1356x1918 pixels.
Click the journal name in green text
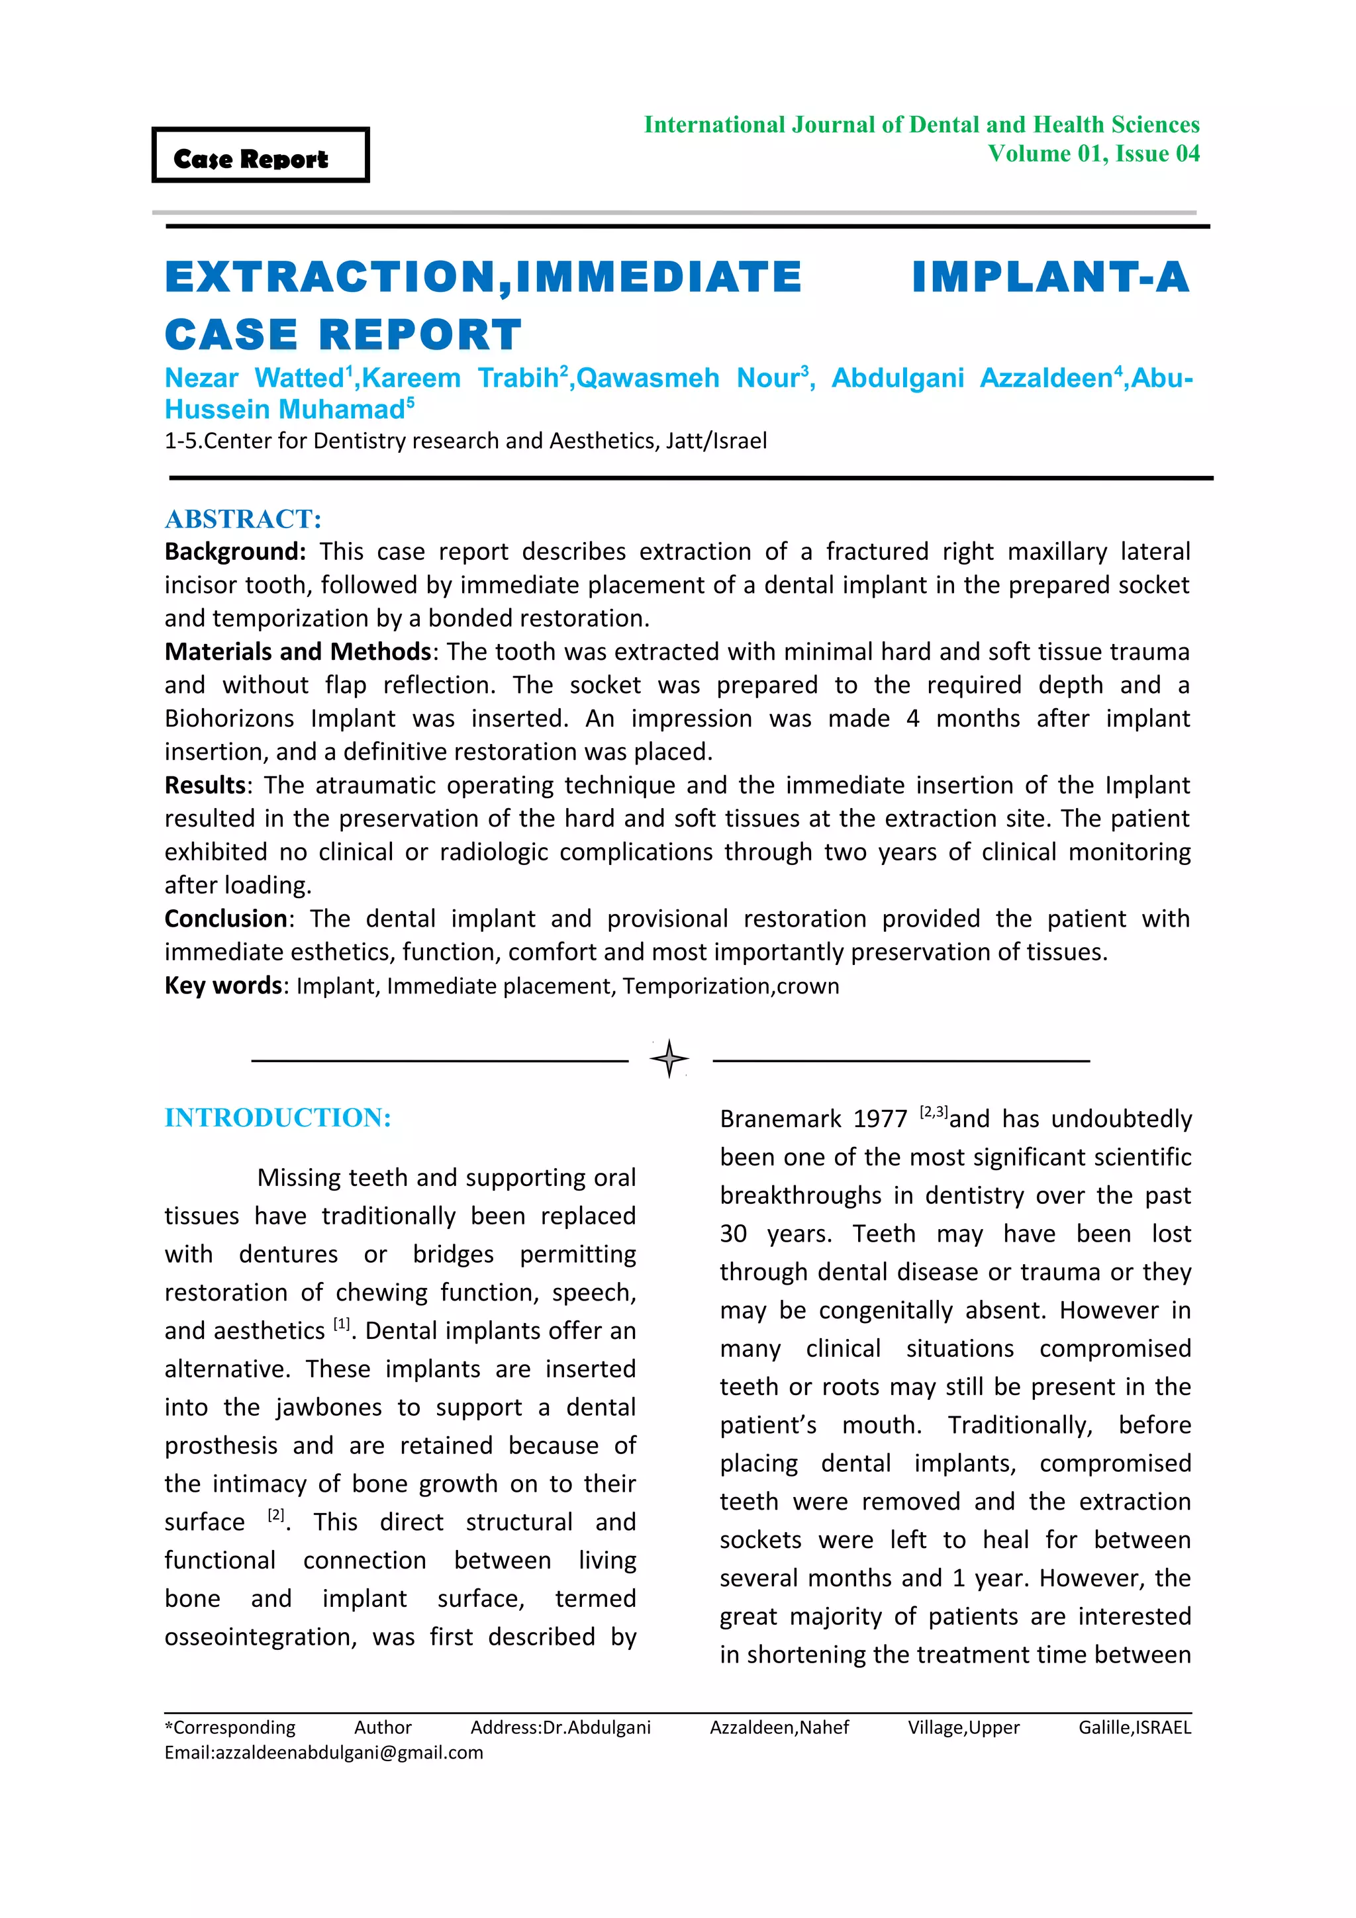coord(921,124)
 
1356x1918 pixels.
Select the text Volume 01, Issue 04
coord(1093,154)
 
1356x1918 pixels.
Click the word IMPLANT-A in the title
coord(1050,277)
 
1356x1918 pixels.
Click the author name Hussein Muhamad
coord(284,409)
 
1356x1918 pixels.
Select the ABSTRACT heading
coord(242,519)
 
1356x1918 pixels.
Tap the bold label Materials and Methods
coord(297,652)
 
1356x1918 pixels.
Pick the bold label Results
coord(205,785)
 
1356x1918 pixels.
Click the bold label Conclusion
coord(226,919)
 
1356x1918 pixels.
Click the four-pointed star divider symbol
coord(669,1059)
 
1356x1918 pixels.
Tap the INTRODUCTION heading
coord(277,1118)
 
